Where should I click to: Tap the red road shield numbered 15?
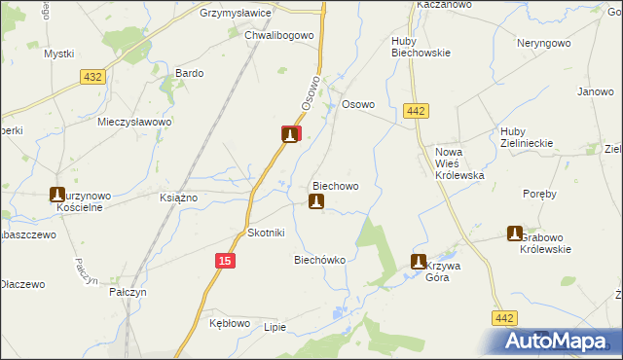click(225, 261)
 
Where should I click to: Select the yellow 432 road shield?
click(93, 77)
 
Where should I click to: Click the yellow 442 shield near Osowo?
click(415, 112)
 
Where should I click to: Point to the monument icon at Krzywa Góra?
click(419, 262)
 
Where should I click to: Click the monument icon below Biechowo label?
click(315, 201)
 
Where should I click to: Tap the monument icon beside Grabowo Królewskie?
click(515, 234)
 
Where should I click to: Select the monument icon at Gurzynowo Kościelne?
click(57, 195)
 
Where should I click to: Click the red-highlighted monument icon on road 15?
click(290, 134)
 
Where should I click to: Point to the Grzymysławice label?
click(235, 14)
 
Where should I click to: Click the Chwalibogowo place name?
click(278, 35)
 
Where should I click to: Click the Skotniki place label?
click(266, 234)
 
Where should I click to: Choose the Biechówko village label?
click(320, 260)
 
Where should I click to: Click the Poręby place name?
click(539, 194)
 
